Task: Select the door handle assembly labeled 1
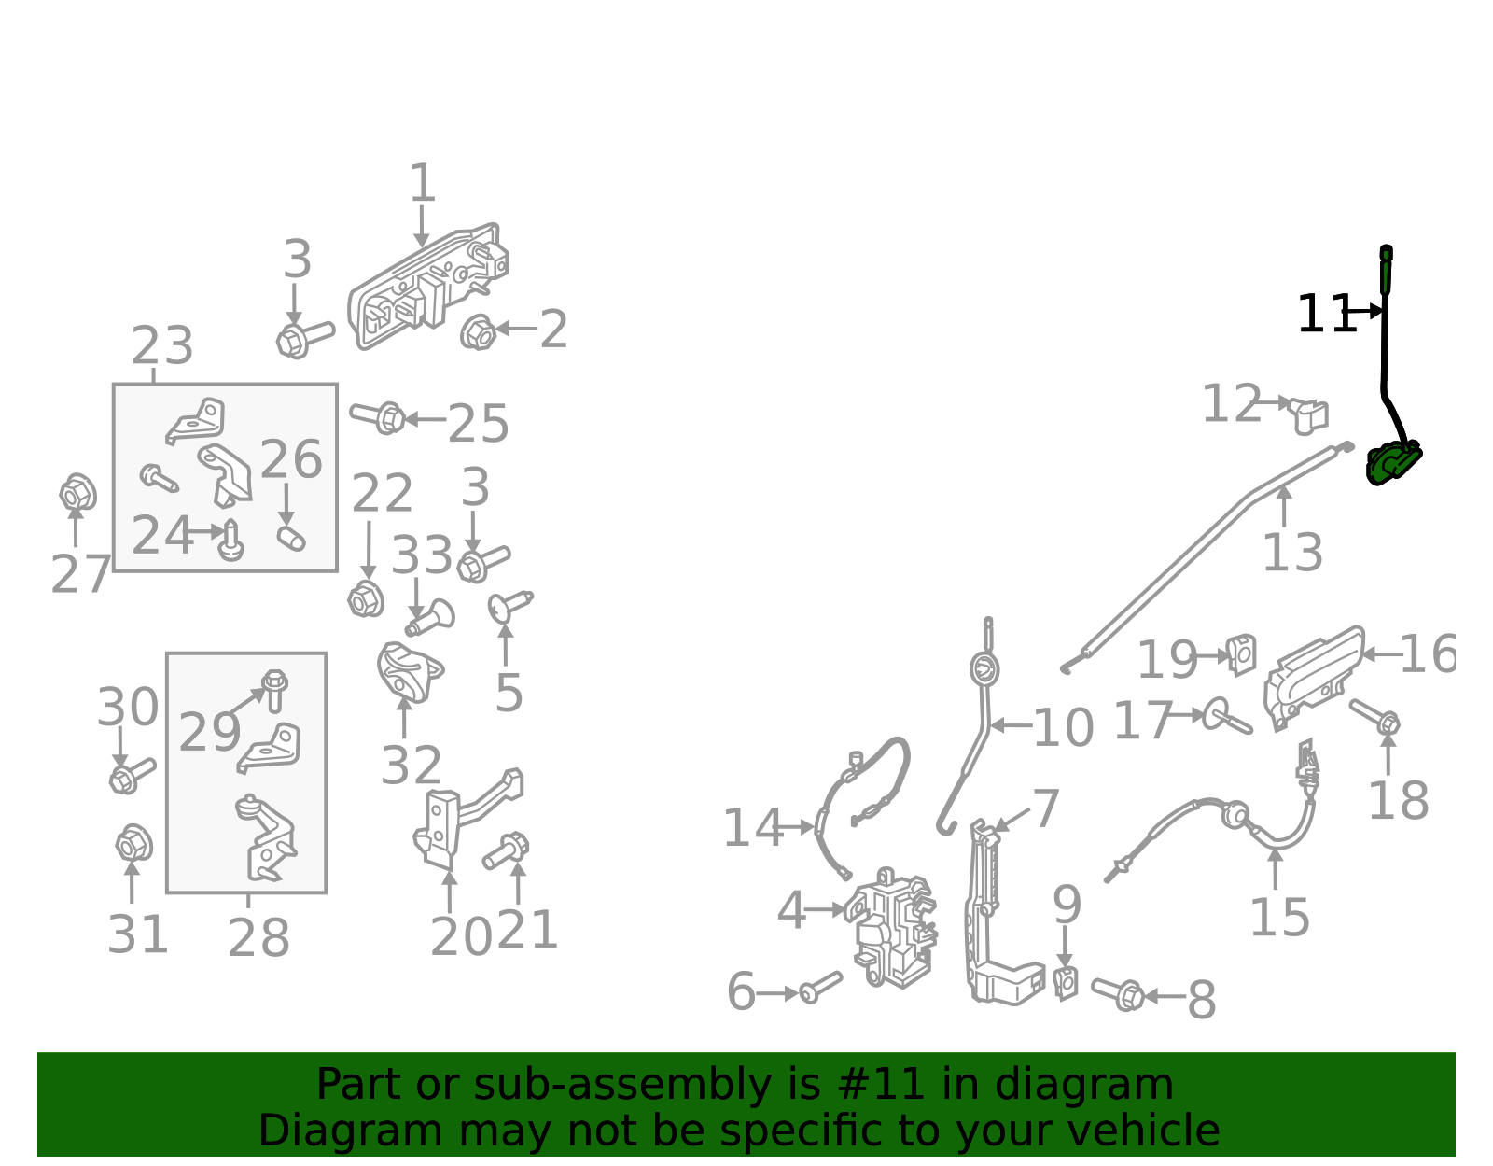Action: [427, 286]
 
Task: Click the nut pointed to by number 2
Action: [478, 331]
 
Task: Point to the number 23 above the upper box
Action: [162, 346]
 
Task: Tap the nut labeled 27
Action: [77, 492]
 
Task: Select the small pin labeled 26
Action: [291, 538]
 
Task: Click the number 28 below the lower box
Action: [258, 937]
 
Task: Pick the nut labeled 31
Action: [133, 844]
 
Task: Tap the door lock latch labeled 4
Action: [891, 929]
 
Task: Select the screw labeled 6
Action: [820, 987]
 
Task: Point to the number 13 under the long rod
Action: [1292, 553]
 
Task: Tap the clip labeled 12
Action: [1309, 414]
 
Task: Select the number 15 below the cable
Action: [1279, 918]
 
